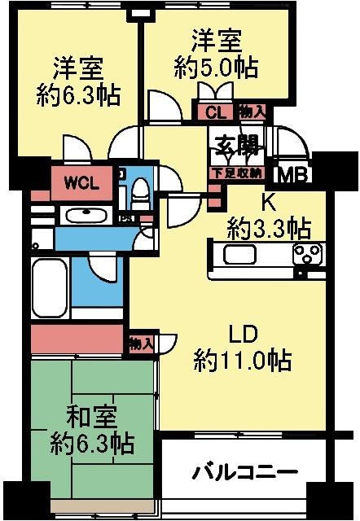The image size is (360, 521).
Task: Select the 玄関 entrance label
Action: [x=237, y=146]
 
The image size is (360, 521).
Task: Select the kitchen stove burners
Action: [x=307, y=255]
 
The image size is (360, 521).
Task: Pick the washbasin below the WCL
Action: [x=84, y=215]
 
